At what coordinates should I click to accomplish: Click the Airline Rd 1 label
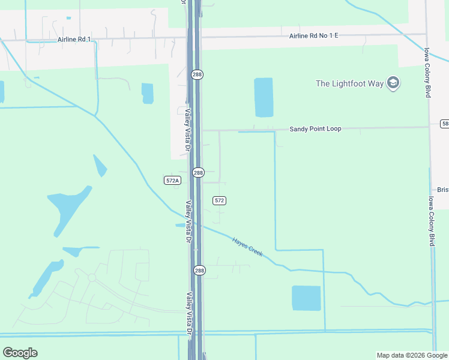pos(74,40)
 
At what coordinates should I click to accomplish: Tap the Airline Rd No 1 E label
pos(314,36)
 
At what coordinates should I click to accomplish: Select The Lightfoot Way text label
pos(349,83)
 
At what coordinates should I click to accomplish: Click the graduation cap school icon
pos(393,83)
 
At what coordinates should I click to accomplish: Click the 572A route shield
pos(172,180)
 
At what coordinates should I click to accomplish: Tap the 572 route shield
pos(219,200)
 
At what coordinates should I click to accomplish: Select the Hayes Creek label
pos(247,246)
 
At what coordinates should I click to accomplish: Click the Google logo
pos(20,352)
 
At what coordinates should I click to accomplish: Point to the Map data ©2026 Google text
pos(411,355)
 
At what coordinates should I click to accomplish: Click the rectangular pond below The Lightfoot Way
pos(264,97)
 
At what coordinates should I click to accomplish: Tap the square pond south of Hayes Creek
pos(306,298)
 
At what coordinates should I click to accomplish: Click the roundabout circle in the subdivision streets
pos(92,277)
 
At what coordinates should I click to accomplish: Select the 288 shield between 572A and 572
pos(199,173)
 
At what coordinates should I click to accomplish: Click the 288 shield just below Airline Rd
pos(197,74)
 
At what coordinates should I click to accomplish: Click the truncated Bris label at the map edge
pos(442,190)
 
